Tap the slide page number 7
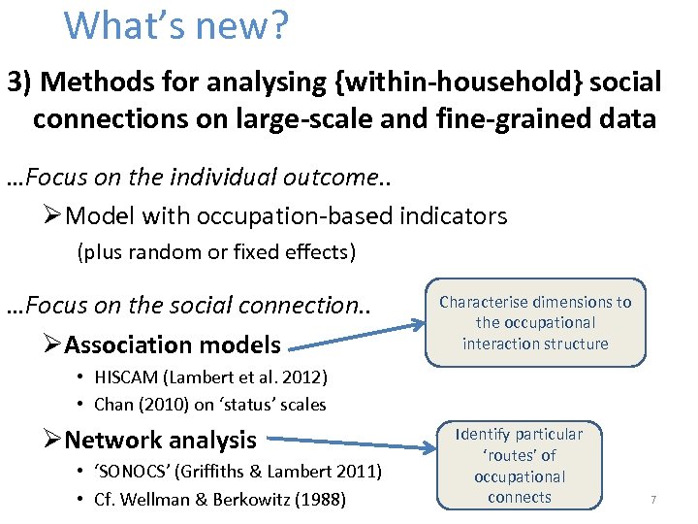pyautogui.click(x=653, y=499)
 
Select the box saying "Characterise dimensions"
pyautogui.click(x=535, y=322)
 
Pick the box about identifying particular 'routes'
pyautogui.click(x=520, y=466)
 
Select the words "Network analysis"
pyautogui.click(x=160, y=440)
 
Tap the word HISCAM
pyautogui.click(x=128, y=377)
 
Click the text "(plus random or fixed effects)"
pyautogui.click(x=216, y=253)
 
